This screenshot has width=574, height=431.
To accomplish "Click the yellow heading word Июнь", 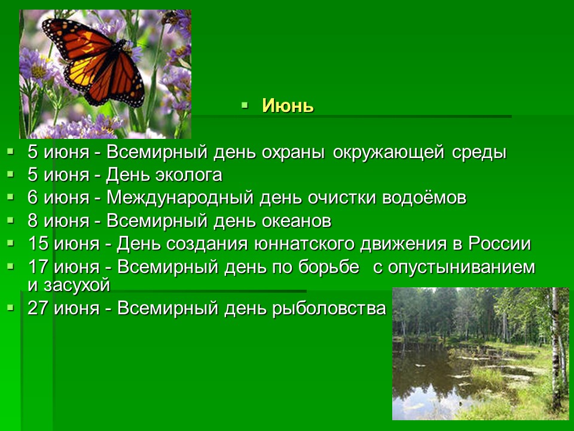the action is pos(288,106).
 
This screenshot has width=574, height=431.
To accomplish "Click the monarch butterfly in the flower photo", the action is pos(93,62).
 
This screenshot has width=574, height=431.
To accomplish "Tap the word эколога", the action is pos(189,175).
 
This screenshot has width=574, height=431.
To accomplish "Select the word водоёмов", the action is pos(425,198).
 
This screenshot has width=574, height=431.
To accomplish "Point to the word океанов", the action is pos(297,221).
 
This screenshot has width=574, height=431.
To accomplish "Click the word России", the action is pos(500,244).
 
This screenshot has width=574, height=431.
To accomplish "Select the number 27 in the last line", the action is pos(38,308).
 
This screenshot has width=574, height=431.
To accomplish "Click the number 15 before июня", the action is pos(38,244).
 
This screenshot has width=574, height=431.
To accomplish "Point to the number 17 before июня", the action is pos(38,267).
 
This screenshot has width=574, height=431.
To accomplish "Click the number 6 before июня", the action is pos(32,198).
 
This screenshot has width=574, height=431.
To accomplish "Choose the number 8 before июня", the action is pos(32,221).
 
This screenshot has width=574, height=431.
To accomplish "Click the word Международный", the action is pos(180,198).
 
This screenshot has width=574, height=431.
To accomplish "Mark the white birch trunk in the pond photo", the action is pos(557,348).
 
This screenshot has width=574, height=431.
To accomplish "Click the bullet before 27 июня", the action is pos(10,307).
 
